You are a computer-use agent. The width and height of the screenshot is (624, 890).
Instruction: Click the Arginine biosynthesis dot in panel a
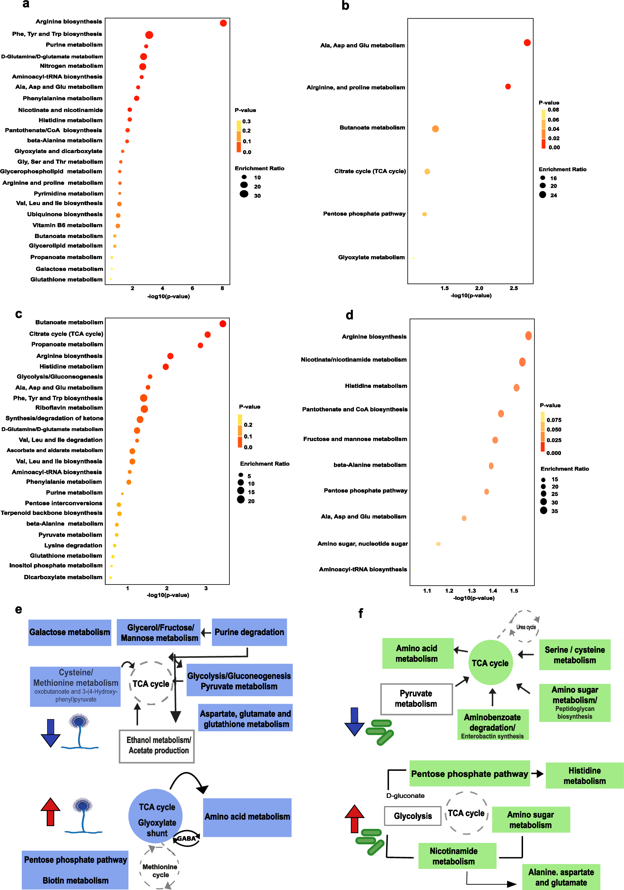click(223, 23)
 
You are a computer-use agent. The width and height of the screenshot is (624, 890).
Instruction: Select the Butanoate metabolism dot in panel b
click(435, 129)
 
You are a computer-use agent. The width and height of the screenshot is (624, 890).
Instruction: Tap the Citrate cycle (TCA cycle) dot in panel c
click(207, 334)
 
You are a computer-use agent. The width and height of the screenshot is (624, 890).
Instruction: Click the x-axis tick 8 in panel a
click(222, 288)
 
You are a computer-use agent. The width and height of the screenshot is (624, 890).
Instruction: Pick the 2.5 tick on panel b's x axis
click(513, 288)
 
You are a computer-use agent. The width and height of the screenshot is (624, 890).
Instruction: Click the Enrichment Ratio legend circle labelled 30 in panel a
click(244, 194)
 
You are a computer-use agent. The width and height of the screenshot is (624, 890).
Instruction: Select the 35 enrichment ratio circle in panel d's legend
click(543, 511)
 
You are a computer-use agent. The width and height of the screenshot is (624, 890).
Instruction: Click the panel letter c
click(18, 314)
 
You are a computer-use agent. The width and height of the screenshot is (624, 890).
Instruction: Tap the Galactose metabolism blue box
click(70, 632)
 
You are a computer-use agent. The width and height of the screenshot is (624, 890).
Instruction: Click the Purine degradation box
click(249, 632)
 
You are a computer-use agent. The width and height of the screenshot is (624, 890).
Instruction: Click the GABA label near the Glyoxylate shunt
click(187, 839)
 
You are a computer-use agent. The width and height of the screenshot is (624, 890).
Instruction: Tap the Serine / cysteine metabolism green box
click(574, 655)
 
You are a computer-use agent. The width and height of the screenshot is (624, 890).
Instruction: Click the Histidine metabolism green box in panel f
click(584, 776)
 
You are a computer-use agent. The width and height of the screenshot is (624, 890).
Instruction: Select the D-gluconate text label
click(405, 796)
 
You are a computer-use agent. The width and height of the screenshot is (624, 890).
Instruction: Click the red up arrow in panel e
click(50, 812)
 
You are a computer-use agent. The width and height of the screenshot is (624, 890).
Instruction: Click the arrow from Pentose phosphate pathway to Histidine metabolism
click(537, 774)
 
